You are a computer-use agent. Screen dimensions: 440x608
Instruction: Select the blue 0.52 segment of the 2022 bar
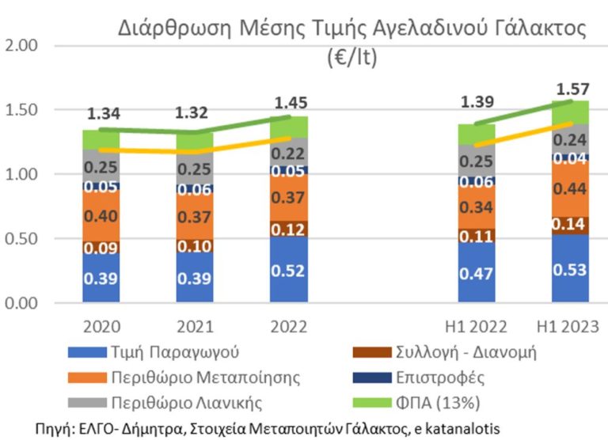click(290, 269)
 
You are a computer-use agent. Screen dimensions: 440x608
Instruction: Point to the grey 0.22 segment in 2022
click(290, 154)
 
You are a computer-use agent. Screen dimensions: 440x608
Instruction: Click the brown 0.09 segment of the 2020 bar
click(101, 247)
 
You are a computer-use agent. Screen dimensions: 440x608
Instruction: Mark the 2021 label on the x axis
click(196, 326)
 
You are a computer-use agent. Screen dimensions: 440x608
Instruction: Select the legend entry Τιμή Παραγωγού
click(163, 352)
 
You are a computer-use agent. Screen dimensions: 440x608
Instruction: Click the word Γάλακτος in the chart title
click(534, 28)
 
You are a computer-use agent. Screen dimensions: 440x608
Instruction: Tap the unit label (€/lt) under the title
click(352, 59)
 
